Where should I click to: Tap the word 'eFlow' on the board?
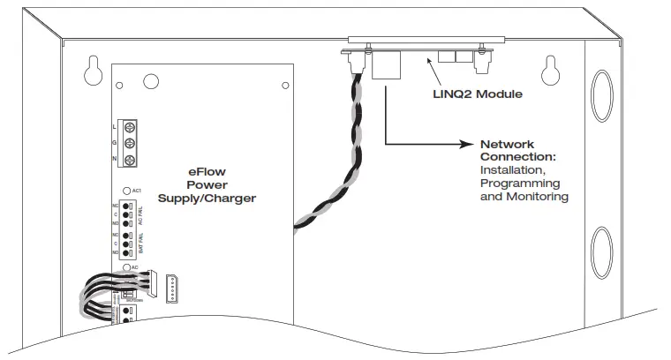tap(206, 171)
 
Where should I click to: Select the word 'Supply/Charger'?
tap(207, 199)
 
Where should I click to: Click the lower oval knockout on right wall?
tap(603, 251)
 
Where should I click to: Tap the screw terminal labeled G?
tap(129, 144)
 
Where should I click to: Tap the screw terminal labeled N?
tap(129, 159)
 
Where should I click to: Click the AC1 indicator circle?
tap(128, 191)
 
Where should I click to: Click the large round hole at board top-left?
tap(151, 81)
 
